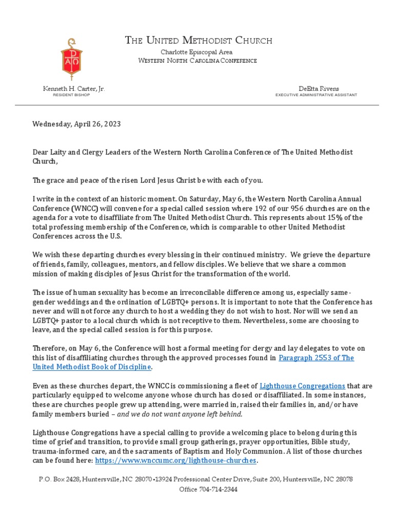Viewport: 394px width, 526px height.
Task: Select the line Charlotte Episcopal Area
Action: click(197, 52)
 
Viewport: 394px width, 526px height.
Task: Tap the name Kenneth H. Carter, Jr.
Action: click(74, 89)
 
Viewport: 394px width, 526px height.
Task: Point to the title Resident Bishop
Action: click(71, 95)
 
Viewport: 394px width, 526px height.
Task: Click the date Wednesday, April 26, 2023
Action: click(77, 124)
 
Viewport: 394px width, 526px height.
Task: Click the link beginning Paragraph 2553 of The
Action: click(316, 358)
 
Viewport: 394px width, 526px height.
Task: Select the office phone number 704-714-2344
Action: click(208, 490)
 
